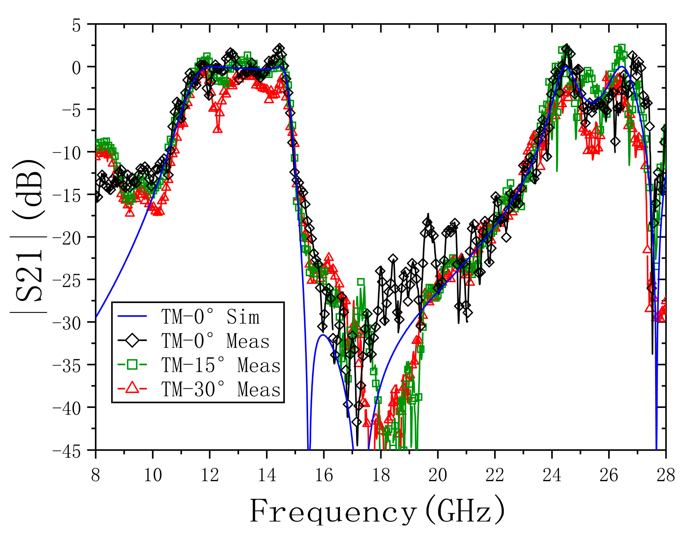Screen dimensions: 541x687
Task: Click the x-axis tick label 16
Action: coord(324,476)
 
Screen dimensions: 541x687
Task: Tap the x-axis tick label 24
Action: coord(552,476)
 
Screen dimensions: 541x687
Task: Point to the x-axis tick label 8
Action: coord(95,476)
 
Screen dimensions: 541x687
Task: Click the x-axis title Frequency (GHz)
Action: coord(377,511)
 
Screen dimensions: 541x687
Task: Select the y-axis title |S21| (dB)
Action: coord(28,236)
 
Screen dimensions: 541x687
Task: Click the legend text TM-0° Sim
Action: coord(210,317)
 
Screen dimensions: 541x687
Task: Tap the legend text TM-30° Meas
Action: coord(221,389)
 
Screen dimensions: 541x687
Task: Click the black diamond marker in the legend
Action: coord(132,341)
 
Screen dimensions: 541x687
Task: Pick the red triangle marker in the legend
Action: coord(132,388)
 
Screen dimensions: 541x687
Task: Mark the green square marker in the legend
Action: coord(132,365)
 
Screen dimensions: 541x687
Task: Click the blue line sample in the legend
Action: coord(132,316)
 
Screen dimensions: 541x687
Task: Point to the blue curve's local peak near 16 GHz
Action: coord(323,335)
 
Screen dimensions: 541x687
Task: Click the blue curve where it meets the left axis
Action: coord(96,317)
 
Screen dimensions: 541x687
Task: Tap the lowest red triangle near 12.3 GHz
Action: coord(218,128)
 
